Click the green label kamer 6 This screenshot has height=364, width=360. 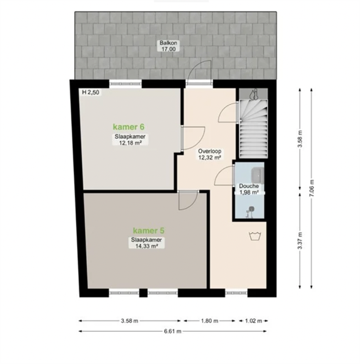tap(129, 127)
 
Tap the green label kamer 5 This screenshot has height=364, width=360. tap(149, 231)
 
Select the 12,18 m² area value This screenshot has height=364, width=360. tap(131, 143)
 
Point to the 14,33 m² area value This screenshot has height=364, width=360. tap(146, 246)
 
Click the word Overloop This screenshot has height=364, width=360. tap(209, 151)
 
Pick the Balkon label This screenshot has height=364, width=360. tap(168, 43)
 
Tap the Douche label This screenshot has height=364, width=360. tap(249, 186)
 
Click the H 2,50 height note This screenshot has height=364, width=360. tap(90, 92)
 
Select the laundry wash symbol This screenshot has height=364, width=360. tap(255, 236)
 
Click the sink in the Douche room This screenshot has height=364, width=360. tap(257, 174)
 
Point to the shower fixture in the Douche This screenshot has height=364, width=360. tap(250, 212)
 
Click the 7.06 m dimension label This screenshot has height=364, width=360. tap(311, 188)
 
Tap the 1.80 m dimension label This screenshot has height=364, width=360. tap(209, 321)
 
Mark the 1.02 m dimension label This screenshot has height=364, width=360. tap(253, 321)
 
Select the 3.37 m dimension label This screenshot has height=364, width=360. tap(300, 240)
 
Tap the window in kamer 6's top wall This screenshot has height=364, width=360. tap(126, 84)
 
